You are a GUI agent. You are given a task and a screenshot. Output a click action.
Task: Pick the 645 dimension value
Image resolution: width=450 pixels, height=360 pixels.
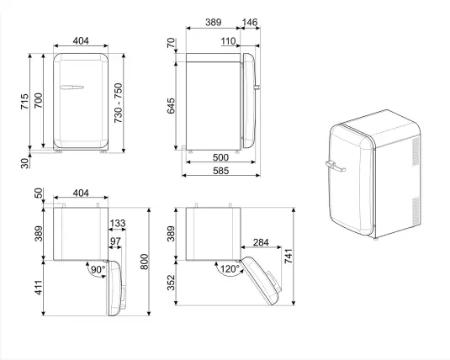click(x=171, y=107)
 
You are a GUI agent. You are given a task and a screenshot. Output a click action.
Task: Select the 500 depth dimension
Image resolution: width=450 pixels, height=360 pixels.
click(x=220, y=157)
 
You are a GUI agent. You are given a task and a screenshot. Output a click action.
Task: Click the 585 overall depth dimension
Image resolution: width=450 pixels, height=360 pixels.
click(x=220, y=172)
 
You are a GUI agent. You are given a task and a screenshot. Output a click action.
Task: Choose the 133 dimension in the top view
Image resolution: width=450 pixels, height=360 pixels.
click(x=118, y=224)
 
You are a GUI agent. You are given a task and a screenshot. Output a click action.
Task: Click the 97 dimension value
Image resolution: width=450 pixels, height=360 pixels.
click(x=115, y=242)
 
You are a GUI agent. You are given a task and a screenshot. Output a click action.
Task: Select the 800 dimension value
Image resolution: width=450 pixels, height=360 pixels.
click(x=146, y=262)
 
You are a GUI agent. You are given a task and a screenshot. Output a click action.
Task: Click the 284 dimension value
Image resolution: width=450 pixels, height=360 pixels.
click(x=260, y=244)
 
